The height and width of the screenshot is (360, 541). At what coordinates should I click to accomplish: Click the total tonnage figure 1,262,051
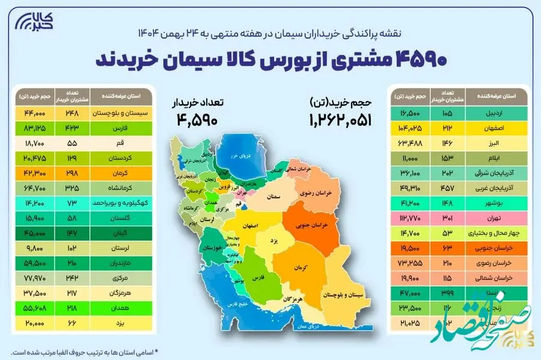click(x=340, y=120)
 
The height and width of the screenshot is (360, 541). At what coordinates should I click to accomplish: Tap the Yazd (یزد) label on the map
click(x=274, y=240)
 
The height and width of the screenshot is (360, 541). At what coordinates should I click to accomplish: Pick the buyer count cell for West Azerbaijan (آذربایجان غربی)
click(x=447, y=172)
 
